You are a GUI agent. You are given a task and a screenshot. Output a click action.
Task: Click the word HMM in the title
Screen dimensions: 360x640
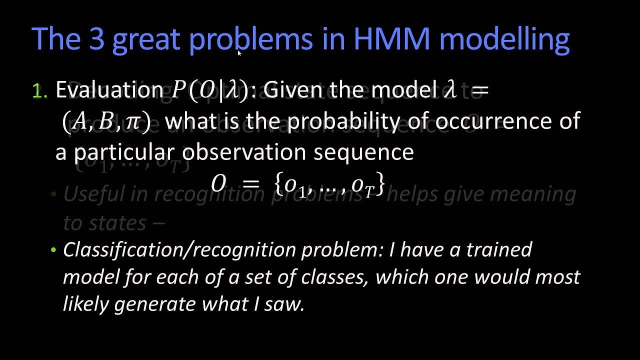[390, 39]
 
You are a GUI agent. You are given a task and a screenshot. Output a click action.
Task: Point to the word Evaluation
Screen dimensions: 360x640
[109, 90]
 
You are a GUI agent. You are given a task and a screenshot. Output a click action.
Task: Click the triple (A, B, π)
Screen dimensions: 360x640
[106, 121]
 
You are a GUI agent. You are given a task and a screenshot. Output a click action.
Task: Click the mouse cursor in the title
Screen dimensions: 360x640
[239, 52]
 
